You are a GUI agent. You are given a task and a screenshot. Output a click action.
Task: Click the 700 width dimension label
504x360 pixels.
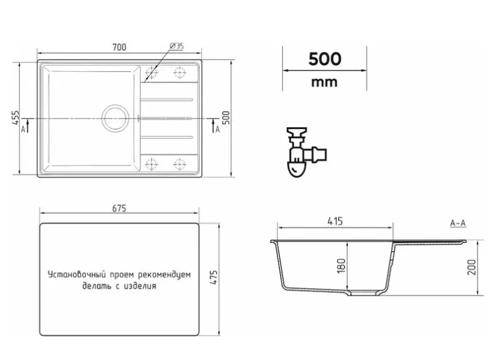point(119,47)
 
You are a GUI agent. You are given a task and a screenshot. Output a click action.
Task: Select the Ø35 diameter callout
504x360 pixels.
point(176,46)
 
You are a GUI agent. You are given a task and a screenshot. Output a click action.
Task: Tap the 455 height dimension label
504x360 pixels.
point(15,118)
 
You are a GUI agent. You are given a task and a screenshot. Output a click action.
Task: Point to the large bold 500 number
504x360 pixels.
point(325,59)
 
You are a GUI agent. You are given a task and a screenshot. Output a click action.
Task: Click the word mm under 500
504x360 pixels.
point(324,82)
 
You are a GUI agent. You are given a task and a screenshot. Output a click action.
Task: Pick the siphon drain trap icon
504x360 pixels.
point(306,152)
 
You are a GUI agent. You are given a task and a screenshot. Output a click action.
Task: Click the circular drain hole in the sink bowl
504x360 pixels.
point(115,118)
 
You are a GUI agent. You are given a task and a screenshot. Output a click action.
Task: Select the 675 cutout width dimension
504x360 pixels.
point(119,208)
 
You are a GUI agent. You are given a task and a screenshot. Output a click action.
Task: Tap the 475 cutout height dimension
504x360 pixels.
point(214,277)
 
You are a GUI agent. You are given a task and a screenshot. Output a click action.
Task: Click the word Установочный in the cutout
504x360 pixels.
point(77,275)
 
